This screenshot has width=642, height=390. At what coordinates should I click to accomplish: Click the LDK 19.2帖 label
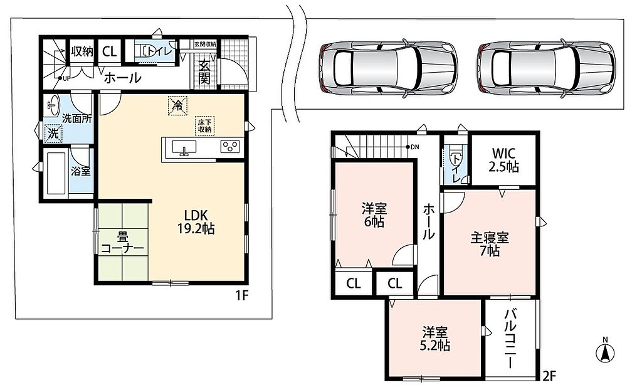pos(196,222)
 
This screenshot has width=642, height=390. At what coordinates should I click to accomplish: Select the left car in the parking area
pos(387,68)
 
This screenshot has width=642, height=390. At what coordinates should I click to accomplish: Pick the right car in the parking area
pos(546,68)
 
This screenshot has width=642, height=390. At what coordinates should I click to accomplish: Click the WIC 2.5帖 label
pos(505,160)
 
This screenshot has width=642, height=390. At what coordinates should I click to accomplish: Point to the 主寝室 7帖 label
pos(490,244)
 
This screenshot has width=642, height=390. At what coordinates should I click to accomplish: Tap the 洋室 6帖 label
pos(374,216)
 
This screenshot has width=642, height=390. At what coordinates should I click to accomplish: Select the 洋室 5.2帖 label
pos(435,339)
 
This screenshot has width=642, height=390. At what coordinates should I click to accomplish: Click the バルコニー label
pos(510,339)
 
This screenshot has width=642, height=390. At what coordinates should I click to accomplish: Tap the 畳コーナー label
pos(122,243)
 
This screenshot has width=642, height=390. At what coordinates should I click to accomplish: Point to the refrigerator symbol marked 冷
pos(177,105)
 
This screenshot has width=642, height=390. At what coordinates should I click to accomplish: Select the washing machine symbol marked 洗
pos(53,133)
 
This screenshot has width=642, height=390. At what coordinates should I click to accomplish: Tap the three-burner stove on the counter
pos(229,147)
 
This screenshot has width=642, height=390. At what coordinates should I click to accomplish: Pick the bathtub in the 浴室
pos(56,173)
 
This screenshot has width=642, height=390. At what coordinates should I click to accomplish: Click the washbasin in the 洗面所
pos(53,106)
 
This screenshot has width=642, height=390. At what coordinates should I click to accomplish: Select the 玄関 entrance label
pos(204,71)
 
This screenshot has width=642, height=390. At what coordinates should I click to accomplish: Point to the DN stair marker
pos(412,147)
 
